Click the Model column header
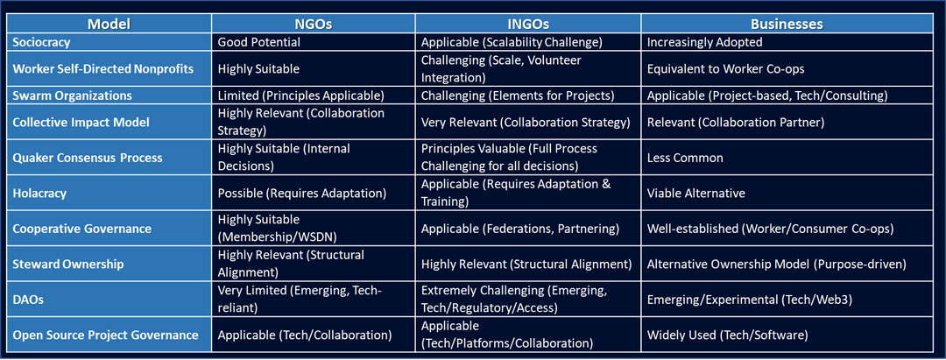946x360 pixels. pos(109,25)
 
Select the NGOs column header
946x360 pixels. pos(313,25)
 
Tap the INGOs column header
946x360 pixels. pos(528,25)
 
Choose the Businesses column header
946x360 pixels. pos(787,25)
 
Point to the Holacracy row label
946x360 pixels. pos(39,194)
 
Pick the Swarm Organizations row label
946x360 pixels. pos(72,95)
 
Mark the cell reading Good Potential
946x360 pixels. pos(258,42)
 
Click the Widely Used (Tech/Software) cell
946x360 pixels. pos(727,335)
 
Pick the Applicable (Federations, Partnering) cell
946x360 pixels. pos(520,229)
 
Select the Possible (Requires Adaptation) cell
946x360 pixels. pos(301,194)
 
